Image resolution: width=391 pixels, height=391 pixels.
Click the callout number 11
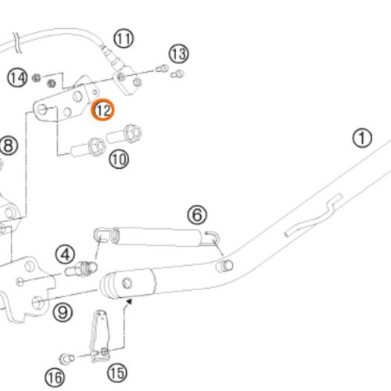point(124,38)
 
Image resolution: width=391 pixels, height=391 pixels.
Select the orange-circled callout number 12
point(102,110)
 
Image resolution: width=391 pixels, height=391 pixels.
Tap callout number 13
point(179,54)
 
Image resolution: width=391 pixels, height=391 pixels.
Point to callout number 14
point(17,77)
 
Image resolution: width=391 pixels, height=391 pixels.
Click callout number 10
point(119,160)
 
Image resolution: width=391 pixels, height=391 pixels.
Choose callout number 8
point(9,145)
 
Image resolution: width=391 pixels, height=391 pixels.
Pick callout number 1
point(362,138)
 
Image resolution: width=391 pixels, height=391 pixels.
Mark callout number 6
point(197,215)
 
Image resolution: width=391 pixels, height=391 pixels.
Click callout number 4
point(65,255)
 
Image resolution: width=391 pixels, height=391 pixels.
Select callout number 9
point(63,312)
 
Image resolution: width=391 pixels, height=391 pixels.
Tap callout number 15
point(117,373)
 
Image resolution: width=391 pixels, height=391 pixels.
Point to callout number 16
point(55,378)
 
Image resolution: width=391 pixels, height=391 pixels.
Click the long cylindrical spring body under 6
point(158,237)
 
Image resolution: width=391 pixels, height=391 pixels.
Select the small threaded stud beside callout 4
point(81,269)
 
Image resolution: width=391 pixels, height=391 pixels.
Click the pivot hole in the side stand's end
point(127,283)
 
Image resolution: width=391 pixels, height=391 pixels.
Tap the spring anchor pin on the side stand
point(224,266)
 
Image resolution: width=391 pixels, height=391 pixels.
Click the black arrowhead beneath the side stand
point(129,302)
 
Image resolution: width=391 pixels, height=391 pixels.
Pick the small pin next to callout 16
point(67,359)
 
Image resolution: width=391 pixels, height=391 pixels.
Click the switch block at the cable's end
point(127,80)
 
